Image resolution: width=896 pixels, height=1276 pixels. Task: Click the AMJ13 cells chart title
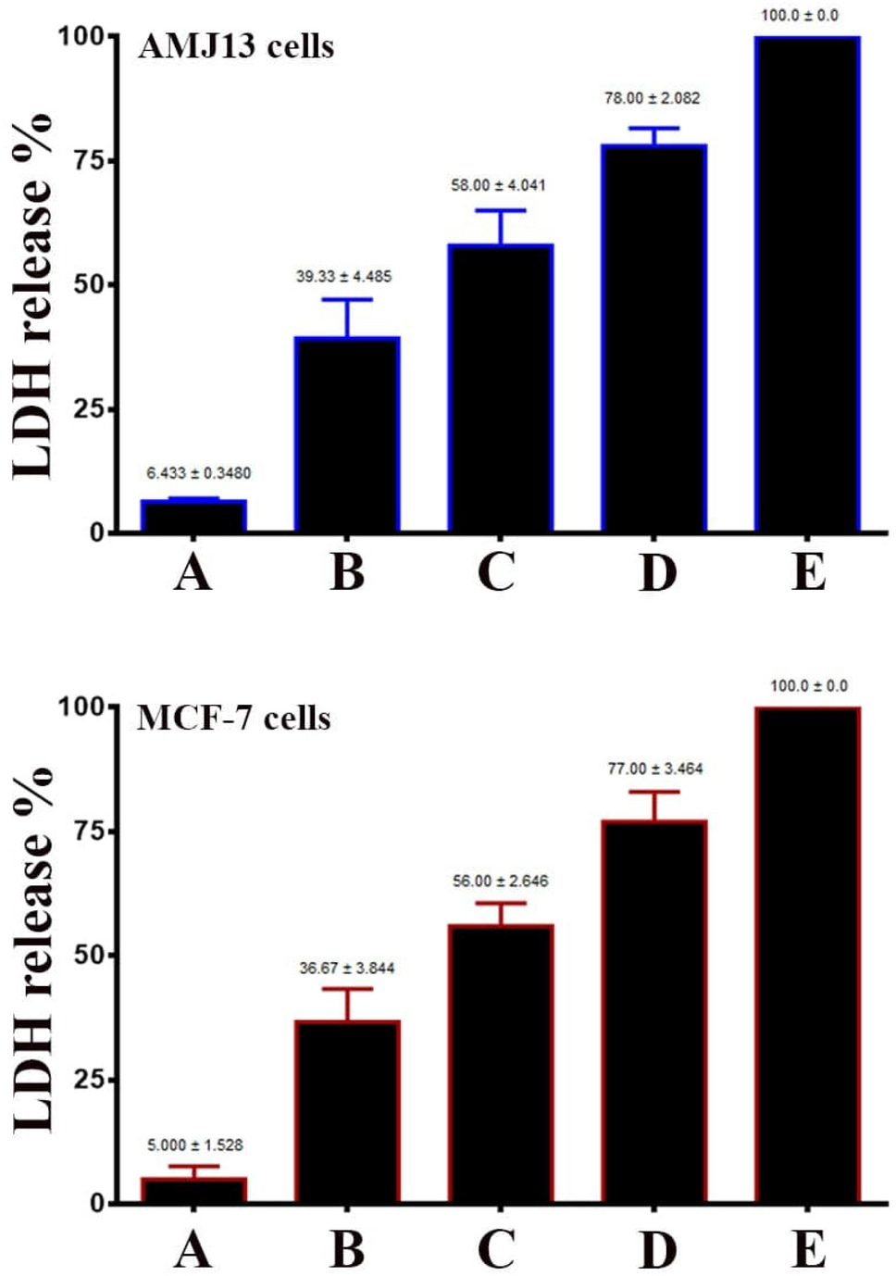point(236,46)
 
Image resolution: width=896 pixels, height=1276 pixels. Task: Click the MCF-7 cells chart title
point(233,718)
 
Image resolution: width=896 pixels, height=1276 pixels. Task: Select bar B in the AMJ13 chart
point(347,434)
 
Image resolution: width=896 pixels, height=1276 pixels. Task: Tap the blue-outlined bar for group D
point(653,338)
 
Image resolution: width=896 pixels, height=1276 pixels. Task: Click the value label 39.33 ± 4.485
point(343,276)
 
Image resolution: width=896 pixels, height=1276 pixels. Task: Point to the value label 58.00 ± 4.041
point(498,185)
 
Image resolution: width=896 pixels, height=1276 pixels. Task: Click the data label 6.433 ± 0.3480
point(198,473)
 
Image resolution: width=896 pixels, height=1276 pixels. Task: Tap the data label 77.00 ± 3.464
point(654,769)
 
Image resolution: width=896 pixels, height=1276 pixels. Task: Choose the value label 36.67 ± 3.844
point(346,968)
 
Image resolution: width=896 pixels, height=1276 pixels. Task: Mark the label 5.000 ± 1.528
point(194,1145)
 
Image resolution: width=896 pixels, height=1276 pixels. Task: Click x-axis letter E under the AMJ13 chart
point(808,572)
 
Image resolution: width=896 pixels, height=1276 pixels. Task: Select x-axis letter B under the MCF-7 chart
point(347,1249)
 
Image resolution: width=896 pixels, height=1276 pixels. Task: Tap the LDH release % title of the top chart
point(32,296)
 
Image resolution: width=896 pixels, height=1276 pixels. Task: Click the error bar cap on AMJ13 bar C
point(500,211)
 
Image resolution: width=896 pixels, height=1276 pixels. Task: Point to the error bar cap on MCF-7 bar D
point(653,792)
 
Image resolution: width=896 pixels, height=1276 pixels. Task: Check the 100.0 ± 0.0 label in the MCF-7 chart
point(808,686)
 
